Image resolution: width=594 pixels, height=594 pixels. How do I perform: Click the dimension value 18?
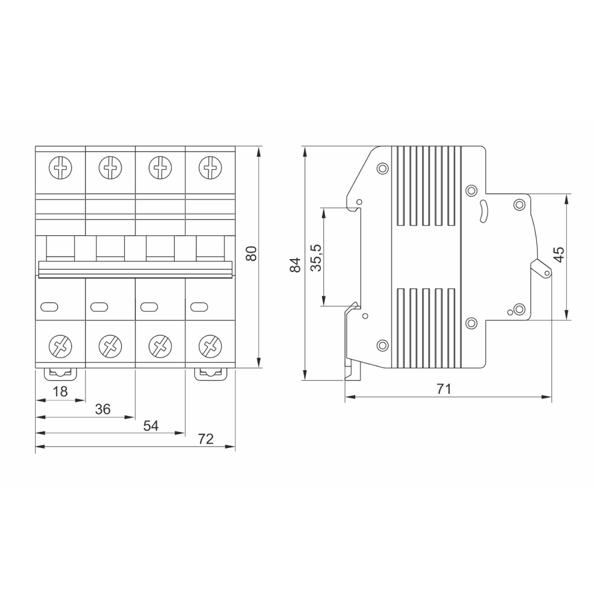click(60, 391)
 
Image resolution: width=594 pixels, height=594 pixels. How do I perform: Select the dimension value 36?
click(103, 409)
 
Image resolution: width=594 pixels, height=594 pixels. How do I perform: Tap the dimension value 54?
click(151, 426)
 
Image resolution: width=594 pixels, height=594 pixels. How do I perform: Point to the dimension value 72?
click(206, 439)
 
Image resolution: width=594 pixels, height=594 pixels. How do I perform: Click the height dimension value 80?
click(251, 254)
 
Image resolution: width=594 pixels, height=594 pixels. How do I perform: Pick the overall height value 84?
click(295, 264)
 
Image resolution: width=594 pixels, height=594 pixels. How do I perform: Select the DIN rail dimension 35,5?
click(316, 258)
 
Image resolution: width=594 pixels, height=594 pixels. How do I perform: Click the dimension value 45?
click(559, 255)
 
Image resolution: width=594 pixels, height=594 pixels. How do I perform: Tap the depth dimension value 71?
click(444, 389)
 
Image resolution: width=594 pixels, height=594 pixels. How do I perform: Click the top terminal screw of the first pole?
click(61, 168)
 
